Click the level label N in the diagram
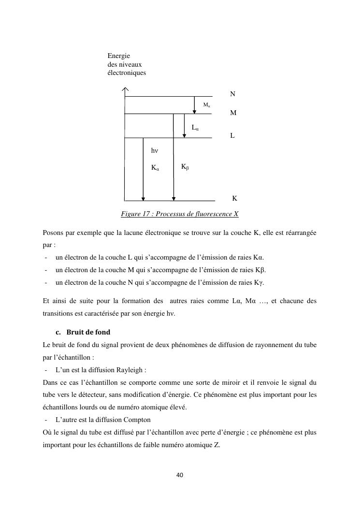(x=233, y=94)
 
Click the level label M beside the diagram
(x=233, y=113)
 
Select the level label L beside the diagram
(x=232, y=136)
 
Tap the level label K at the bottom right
(x=234, y=198)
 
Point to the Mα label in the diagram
(x=206, y=105)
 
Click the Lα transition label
(x=195, y=128)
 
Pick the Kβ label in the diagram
(x=185, y=167)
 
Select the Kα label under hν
(x=155, y=168)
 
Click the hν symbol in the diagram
(x=155, y=151)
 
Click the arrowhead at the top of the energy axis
(x=125, y=89)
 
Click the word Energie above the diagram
(x=119, y=57)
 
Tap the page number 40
(x=180, y=475)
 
